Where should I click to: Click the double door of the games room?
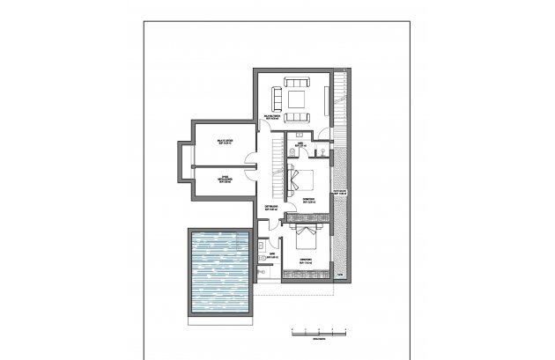tap(252, 161)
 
